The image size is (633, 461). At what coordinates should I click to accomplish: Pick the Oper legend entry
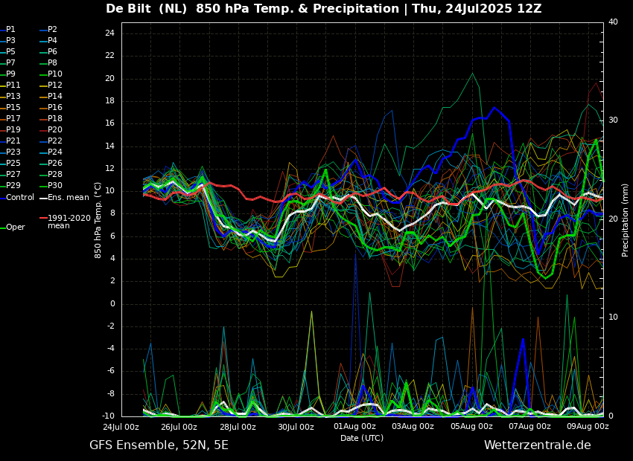(15, 228)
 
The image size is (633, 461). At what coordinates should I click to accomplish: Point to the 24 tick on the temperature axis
(109, 33)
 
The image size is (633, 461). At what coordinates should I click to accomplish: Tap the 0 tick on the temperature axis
(112, 303)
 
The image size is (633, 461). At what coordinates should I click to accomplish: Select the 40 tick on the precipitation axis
(613, 22)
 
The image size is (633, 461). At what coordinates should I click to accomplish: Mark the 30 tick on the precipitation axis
(613, 120)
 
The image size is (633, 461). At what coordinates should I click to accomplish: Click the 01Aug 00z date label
(354, 427)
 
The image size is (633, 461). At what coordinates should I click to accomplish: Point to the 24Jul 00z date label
(121, 427)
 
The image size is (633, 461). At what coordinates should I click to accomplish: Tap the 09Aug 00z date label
(588, 427)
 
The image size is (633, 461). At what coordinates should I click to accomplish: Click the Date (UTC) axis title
(362, 438)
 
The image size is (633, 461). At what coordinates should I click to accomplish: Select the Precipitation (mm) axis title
(626, 220)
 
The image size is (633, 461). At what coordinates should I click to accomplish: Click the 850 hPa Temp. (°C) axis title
(98, 220)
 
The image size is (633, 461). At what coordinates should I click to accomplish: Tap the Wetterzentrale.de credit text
(537, 445)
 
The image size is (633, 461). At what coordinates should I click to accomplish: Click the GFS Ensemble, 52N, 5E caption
(159, 445)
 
